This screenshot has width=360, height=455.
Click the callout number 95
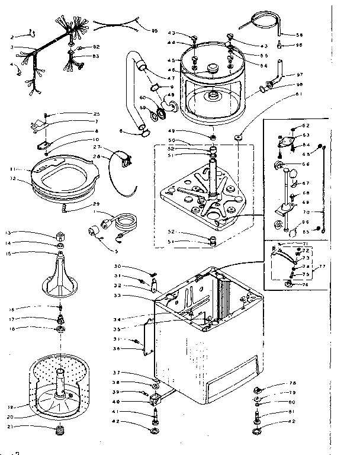pyautogui.click(x=155, y=31)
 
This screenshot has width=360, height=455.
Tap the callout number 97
pyautogui.click(x=298, y=76)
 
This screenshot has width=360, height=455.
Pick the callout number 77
pyautogui.click(x=322, y=267)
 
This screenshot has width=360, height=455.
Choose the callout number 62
pyautogui.click(x=306, y=125)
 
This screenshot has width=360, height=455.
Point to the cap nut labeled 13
pyautogui.click(x=60, y=233)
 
